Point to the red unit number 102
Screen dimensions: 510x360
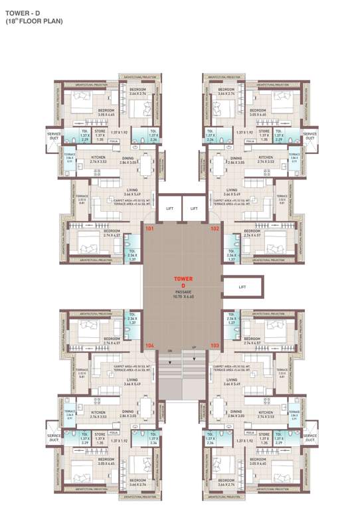[x=215, y=228]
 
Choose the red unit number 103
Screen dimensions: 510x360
[x=215, y=346]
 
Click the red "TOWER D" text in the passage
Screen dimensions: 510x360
[x=183, y=283]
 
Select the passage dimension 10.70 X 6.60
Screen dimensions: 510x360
[x=183, y=297]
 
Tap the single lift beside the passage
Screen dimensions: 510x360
[x=242, y=287]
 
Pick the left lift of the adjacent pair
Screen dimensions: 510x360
[x=169, y=208]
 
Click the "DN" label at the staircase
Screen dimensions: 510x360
[x=170, y=350]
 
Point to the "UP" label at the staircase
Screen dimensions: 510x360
[x=194, y=350]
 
